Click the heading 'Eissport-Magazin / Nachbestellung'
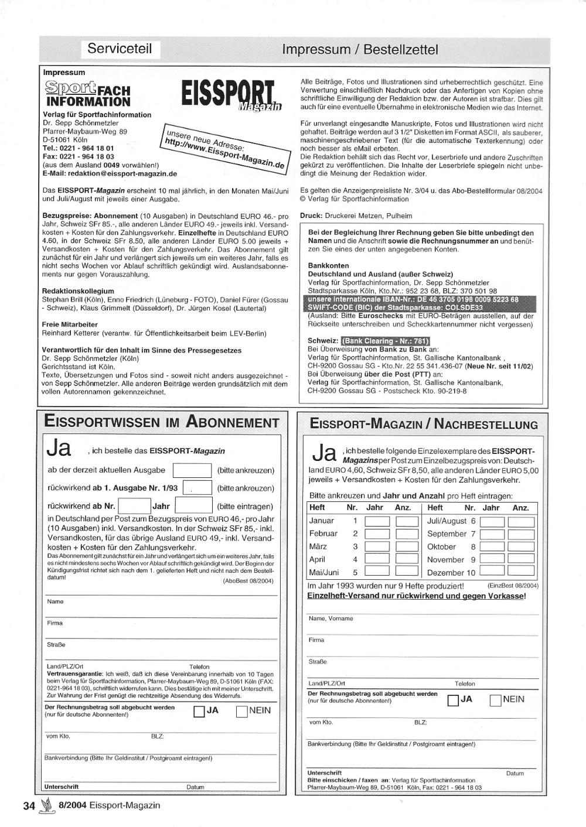424,424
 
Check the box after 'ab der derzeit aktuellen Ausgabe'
192,470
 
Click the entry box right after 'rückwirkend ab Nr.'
134,506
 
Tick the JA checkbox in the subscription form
199,712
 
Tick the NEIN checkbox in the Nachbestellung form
495,700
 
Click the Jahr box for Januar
377,521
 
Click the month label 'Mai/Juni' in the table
324,572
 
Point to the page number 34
29,805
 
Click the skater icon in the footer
47,806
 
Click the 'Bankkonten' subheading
328,265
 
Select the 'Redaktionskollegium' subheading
78,291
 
